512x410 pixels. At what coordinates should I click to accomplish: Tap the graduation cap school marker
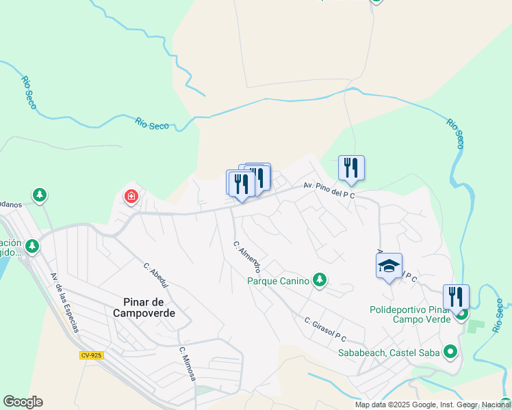pos(389,266)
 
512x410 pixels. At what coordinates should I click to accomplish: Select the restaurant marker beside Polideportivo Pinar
pos(456,297)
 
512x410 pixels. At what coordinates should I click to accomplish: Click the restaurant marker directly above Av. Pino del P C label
pos(351,168)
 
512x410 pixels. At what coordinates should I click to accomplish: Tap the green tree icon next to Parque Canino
pos(319,279)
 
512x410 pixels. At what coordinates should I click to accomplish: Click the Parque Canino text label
pos(279,280)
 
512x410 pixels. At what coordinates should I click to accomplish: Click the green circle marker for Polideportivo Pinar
pos(462,314)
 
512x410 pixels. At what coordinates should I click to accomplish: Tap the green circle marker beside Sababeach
pos(450,353)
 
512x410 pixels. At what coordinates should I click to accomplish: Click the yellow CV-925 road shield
pos(91,355)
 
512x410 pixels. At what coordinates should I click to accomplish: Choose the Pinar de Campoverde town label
pos(140,307)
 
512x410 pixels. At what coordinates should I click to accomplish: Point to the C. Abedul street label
pos(156,276)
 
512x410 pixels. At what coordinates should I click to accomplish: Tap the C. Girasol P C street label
pos(326,329)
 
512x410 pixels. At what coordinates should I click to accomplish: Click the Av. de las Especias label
pos(64,302)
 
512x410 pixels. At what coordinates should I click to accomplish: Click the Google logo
pos(23,402)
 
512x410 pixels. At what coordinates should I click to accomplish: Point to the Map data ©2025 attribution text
pos(432,405)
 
